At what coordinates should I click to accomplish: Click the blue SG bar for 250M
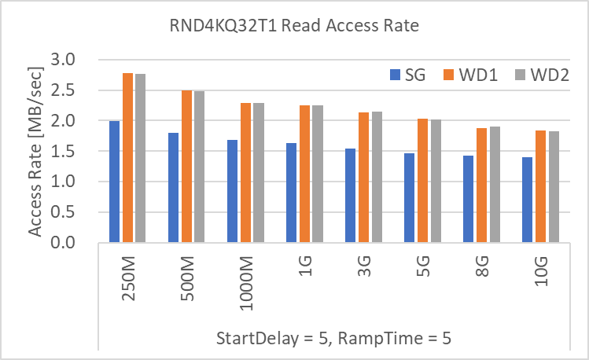[x=115, y=182]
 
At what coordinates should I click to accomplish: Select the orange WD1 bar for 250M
[x=127, y=157]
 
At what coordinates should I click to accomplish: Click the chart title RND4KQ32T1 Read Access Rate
[x=295, y=26]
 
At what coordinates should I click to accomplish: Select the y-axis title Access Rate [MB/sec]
[x=35, y=149]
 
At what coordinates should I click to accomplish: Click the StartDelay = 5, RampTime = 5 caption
[x=333, y=339]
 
